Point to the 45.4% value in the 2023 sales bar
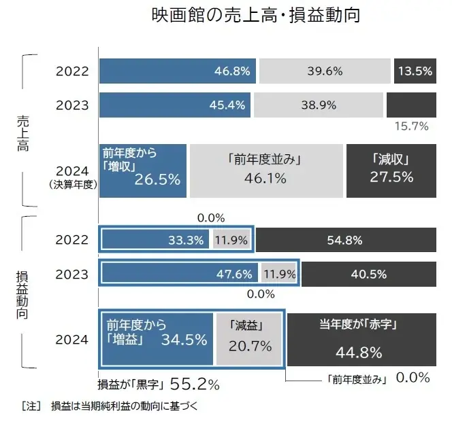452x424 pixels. point(229,104)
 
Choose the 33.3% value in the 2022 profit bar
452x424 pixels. point(188,239)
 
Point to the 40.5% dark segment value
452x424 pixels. point(368,275)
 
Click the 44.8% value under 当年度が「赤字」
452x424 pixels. point(358,353)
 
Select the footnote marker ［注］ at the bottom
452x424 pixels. point(31,407)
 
